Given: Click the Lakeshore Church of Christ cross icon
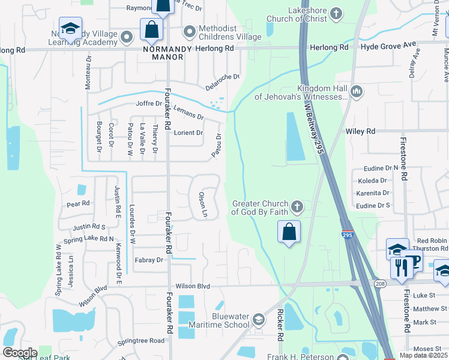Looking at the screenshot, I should (336, 13).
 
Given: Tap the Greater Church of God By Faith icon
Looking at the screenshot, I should (296, 207).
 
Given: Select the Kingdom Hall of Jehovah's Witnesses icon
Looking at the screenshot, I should (357, 91).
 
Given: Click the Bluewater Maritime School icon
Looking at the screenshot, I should (258, 319).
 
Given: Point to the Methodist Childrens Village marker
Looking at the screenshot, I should (190, 30).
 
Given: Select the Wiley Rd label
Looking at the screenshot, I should (360, 131).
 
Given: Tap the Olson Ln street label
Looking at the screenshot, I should (203, 205).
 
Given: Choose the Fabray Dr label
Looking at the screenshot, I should (149, 260).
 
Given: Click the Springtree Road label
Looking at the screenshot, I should (140, 341).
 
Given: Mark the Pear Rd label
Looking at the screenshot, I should (78, 204).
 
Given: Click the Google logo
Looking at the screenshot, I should (19, 353).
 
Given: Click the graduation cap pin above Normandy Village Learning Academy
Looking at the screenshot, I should (70, 28).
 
